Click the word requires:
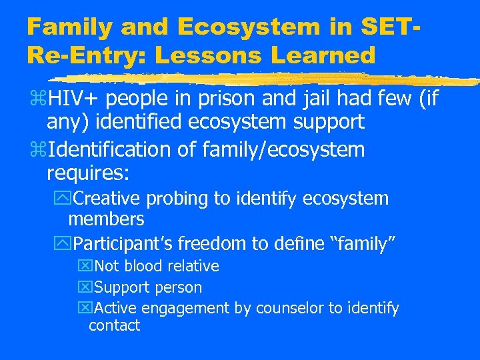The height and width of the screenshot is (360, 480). [87, 173]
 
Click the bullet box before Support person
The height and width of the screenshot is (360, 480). [84, 288]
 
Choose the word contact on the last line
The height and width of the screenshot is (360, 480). [114, 325]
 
